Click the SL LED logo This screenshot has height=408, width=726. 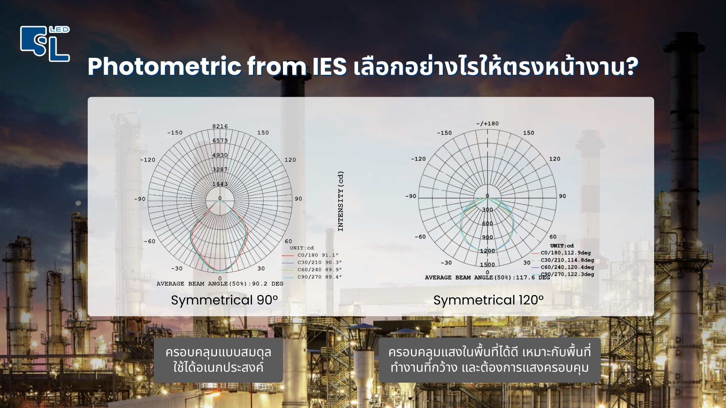45,43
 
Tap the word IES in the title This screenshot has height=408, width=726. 329,67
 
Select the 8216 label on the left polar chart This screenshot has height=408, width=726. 220,126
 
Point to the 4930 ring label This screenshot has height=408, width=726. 220,155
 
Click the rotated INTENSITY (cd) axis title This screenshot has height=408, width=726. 341,201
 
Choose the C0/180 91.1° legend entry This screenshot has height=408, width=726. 318,255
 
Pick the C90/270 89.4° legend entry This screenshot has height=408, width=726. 319,277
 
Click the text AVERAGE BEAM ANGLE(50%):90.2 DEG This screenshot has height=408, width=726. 220,284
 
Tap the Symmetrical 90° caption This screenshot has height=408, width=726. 224,300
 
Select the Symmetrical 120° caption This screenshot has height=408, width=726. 489,300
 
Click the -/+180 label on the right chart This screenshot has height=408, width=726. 487,124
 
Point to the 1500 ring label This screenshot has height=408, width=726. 487,264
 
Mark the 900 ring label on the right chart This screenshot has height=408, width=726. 487,237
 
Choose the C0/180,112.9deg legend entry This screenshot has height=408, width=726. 565,253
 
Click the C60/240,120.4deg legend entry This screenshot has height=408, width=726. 567,267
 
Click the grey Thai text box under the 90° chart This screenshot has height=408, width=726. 218,360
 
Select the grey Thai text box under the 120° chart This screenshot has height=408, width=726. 489,360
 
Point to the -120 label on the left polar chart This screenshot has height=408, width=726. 147,160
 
